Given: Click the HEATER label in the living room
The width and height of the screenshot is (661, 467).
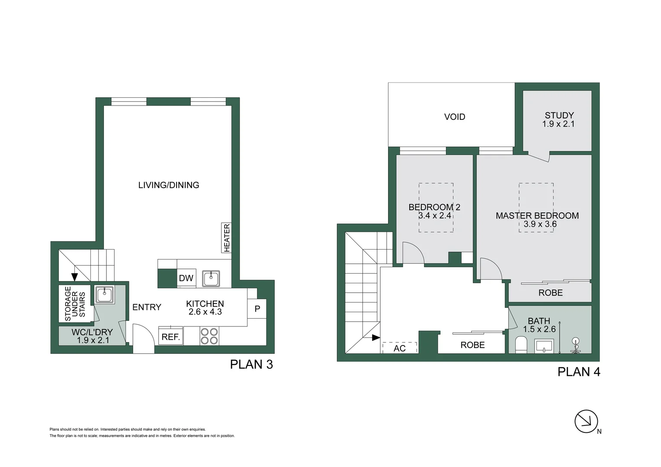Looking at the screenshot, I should (226, 237).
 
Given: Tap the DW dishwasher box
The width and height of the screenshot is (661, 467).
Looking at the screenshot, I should (186, 278).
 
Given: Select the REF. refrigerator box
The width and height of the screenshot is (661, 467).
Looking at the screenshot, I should (171, 337).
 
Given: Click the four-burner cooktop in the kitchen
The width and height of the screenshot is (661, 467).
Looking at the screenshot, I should (209, 336).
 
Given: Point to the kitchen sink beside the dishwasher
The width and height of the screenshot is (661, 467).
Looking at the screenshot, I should (211, 278).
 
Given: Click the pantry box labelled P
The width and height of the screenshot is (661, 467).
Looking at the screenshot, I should (257, 309).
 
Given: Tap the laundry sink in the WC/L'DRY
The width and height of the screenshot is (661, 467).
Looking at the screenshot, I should (104, 295).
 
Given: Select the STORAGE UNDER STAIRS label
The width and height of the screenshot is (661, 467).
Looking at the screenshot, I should (75, 304).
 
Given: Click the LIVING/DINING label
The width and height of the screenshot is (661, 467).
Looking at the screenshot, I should (169, 185).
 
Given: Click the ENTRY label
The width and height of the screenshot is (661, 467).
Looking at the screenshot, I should (147, 307).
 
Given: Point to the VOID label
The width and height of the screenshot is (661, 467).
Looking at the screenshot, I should (455, 117).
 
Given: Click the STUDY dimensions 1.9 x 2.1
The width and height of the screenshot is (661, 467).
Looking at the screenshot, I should (558, 124).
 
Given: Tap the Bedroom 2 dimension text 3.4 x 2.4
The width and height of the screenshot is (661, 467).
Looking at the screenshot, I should (434, 215).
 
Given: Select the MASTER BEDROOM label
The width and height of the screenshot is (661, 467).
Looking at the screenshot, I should (537, 215).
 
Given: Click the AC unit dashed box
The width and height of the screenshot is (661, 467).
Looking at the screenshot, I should (400, 348).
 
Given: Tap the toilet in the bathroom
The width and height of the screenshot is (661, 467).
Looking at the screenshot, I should (521, 345).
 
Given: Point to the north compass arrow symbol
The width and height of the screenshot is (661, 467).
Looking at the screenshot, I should (586, 421).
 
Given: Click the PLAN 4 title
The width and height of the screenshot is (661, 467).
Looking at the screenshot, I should (578, 372).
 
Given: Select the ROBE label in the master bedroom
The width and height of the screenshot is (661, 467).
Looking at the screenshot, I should (550, 293).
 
